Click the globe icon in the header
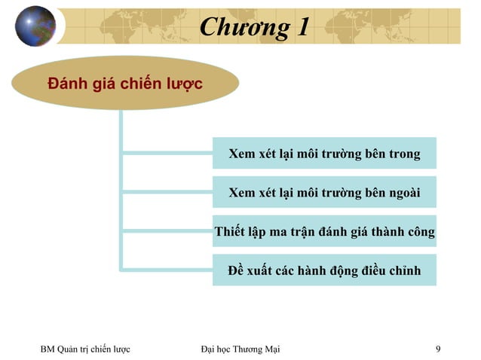click(x=35, y=26)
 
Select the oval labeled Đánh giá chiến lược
click(x=124, y=83)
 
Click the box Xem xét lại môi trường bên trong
click(x=324, y=154)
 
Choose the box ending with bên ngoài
click(x=324, y=193)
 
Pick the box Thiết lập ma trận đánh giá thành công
click(x=324, y=231)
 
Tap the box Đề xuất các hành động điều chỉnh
click(x=324, y=270)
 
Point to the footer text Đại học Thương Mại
click(x=240, y=349)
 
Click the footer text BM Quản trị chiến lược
click(x=85, y=349)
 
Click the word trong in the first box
click(x=404, y=154)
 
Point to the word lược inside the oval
click(x=185, y=84)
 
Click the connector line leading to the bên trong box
click(x=166, y=154)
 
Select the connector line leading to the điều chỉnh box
click(x=166, y=270)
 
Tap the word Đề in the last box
click(x=237, y=270)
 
